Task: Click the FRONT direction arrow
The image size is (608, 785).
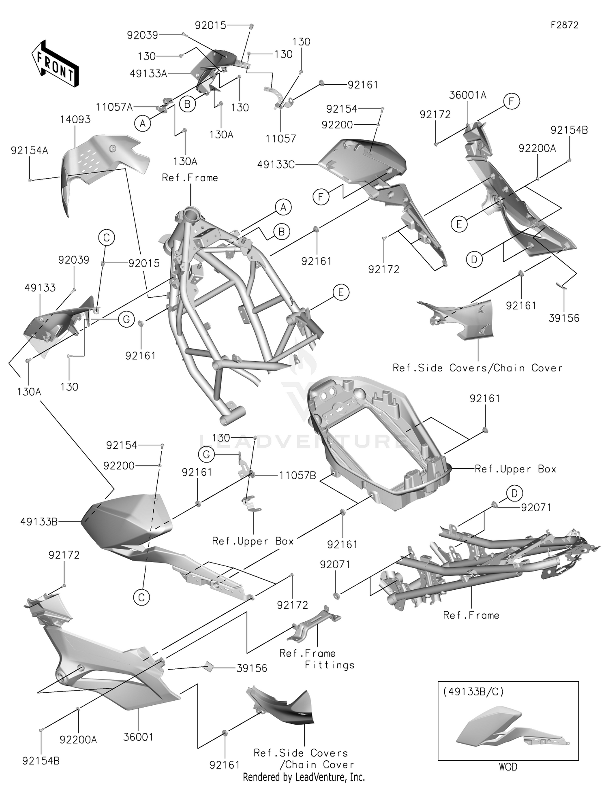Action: click(x=55, y=63)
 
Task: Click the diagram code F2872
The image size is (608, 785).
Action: click(x=564, y=25)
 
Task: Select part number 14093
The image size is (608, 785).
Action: click(x=75, y=119)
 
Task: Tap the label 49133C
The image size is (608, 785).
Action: click(x=276, y=165)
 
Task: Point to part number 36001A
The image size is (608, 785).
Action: click(x=468, y=95)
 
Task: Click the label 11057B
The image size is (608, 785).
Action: click(x=298, y=476)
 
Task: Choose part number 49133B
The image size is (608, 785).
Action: click(x=39, y=522)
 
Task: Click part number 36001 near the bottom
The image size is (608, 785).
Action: click(x=138, y=737)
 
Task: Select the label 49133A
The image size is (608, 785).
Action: click(x=148, y=74)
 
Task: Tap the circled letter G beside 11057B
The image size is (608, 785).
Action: click(x=206, y=454)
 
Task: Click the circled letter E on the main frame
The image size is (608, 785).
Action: click(x=340, y=292)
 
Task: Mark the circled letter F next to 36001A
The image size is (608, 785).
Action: click(x=512, y=101)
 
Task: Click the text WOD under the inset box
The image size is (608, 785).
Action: click(x=508, y=767)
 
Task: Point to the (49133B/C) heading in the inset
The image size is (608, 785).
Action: click(x=473, y=691)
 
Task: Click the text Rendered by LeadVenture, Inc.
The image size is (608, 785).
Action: click(x=304, y=777)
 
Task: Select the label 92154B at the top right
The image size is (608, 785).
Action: click(x=569, y=130)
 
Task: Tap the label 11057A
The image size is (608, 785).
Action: click(x=114, y=107)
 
